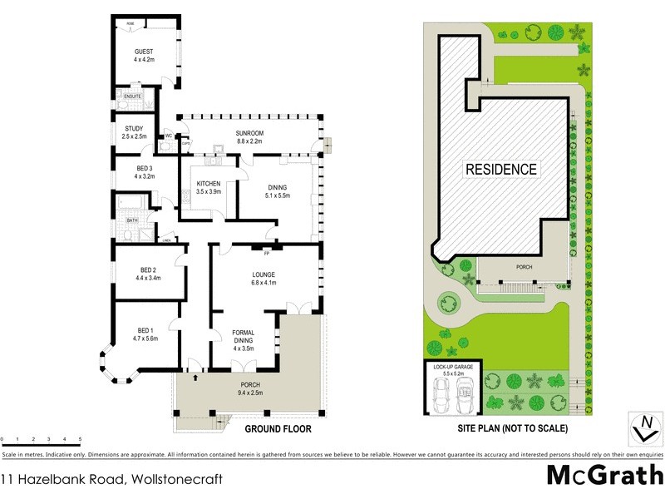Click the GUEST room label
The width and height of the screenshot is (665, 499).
tap(144, 56)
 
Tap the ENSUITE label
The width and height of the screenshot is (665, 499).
tap(133, 96)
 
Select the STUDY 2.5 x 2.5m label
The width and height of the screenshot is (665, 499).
tap(134, 132)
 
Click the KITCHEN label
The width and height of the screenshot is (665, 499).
tap(208, 187)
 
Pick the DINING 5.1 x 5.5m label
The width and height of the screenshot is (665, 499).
tap(277, 191)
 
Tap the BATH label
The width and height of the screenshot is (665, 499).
tap(131, 220)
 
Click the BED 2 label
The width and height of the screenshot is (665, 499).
tap(148, 274)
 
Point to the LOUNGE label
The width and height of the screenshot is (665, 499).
tap(264, 279)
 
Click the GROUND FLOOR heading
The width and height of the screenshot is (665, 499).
tap(278, 430)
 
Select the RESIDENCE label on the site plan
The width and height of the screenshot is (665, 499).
tap(500, 169)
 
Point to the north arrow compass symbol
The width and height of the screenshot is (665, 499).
tap(642, 425)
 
